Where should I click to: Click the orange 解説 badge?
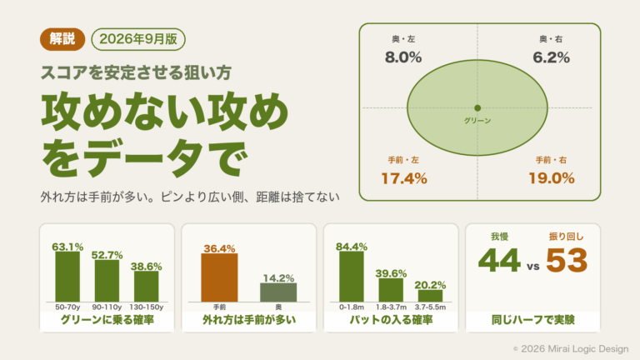point(62,39)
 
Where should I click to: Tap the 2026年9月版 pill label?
point(138,39)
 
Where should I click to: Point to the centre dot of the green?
point(477,108)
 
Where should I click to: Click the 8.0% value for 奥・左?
point(403,57)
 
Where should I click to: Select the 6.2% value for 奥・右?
point(551,57)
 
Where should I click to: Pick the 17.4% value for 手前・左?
point(404,178)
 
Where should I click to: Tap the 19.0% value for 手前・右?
point(552,178)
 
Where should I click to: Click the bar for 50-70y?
point(67,277)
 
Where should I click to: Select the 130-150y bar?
point(147,287)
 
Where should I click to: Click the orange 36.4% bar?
point(220,277)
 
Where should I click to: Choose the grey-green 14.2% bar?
point(278,292)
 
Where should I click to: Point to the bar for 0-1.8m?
point(352,277)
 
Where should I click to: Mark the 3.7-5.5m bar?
point(430,296)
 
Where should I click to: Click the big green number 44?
point(500,260)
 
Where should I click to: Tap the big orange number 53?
point(567,260)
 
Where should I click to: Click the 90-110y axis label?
point(107,307)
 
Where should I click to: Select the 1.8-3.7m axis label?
point(391,307)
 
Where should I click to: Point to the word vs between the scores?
point(533,267)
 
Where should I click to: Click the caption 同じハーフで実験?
point(533,320)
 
